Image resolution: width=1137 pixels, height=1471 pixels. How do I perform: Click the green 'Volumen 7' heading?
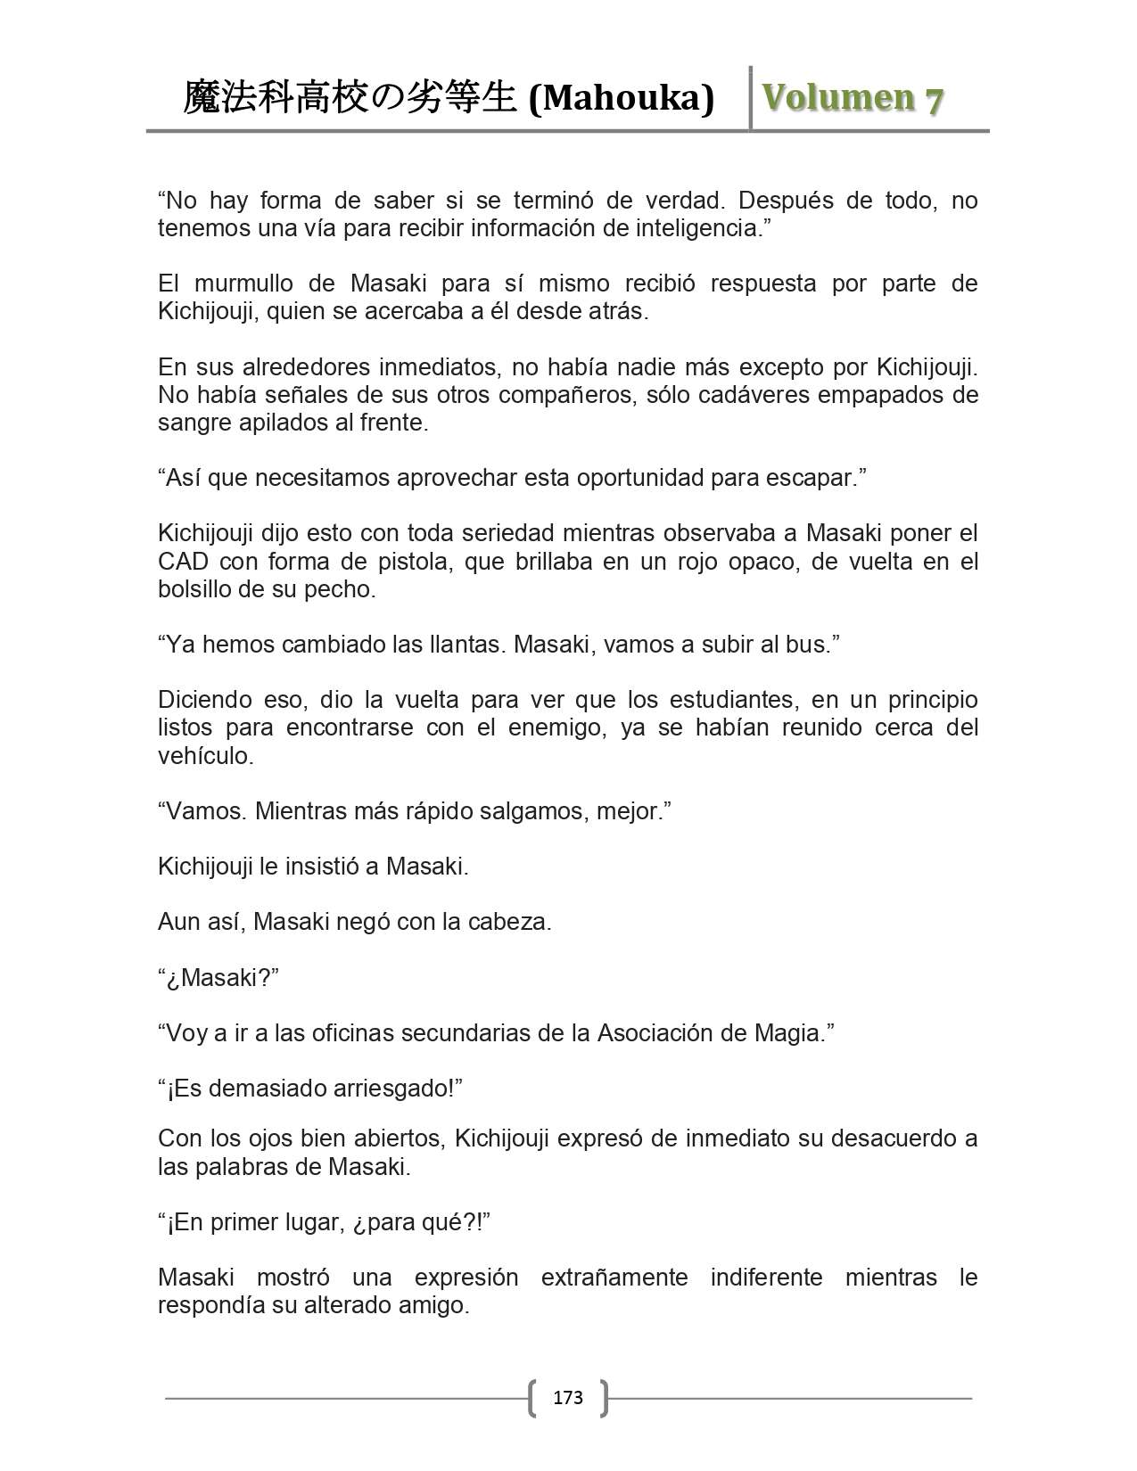853,98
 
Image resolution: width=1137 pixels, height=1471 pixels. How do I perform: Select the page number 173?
568,1397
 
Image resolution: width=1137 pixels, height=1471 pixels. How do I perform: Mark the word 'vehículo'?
205,756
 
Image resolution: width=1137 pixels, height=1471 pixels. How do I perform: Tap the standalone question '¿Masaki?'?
218,978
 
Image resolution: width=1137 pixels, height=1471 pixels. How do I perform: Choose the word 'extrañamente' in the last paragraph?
614,1278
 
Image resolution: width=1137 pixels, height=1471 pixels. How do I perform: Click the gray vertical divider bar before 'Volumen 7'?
751,98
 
